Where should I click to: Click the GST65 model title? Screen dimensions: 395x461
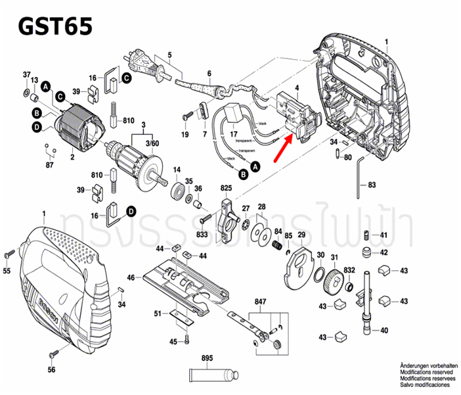click(x=55, y=26)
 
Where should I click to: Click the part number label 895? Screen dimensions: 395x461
click(x=208, y=360)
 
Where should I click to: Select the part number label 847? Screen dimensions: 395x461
click(x=261, y=302)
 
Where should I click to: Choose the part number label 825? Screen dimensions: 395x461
click(x=226, y=189)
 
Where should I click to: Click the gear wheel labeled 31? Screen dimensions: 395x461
click(x=335, y=283)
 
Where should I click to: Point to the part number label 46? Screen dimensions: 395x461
click(x=131, y=278)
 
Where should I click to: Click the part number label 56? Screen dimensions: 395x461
click(x=51, y=370)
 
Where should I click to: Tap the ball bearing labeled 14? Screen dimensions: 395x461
click(x=177, y=193)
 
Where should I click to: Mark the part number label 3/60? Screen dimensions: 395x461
click(x=152, y=143)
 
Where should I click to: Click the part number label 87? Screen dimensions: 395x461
click(x=49, y=164)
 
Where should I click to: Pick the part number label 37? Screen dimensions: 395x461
click(x=27, y=74)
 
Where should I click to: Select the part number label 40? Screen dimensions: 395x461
click(x=384, y=331)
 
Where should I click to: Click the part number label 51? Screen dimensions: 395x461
click(x=157, y=314)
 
